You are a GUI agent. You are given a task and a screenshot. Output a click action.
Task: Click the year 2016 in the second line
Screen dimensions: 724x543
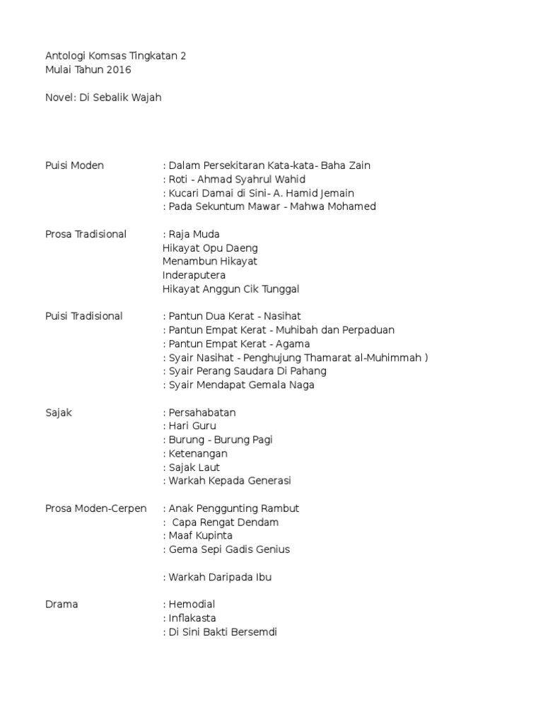tap(119, 69)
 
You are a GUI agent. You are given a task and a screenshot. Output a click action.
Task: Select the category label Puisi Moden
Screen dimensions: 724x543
tap(74, 165)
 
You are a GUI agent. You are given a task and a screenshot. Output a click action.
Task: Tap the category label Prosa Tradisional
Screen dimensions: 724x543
tap(86, 234)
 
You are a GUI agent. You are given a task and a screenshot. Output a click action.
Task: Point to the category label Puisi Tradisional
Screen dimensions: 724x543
tap(83, 316)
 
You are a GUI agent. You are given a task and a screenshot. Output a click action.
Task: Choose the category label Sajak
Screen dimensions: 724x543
tap(59, 412)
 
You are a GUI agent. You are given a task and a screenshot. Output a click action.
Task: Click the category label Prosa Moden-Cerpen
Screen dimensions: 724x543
tap(96, 508)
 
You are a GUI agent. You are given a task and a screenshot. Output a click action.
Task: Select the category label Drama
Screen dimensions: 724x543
tap(62, 605)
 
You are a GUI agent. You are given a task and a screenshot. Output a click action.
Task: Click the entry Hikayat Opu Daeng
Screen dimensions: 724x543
tap(210, 248)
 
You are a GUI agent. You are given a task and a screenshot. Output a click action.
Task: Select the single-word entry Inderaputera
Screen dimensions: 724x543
tap(194, 275)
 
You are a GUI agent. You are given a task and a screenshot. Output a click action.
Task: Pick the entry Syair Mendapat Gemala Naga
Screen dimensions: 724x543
tap(242, 385)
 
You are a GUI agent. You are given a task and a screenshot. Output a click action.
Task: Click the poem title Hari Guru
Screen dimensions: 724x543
tap(192, 426)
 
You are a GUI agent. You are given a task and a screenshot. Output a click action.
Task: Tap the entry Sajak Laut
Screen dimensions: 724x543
tap(194, 467)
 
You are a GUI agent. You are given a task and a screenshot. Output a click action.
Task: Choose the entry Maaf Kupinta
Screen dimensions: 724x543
tap(201, 536)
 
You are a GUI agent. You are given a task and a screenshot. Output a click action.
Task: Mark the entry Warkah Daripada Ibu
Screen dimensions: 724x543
tap(220, 577)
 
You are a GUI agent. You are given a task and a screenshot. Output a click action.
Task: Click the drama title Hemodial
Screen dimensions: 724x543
tap(192, 605)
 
